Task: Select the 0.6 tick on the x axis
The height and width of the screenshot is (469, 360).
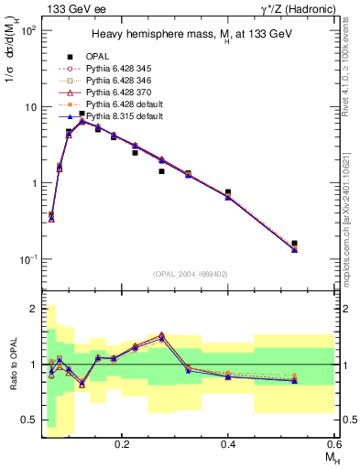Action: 333,442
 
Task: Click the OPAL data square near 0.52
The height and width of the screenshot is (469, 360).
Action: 294,244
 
